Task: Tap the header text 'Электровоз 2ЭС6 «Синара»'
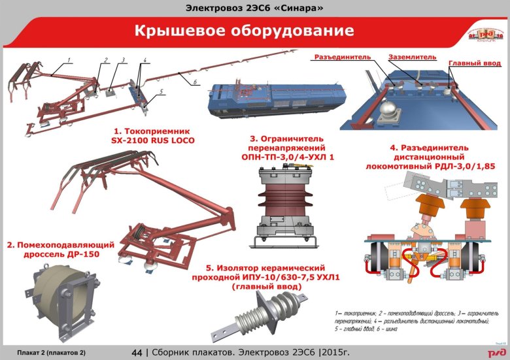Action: [254, 8]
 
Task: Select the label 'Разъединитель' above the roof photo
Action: [343, 57]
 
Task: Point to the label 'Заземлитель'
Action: [412, 57]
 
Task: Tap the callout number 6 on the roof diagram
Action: [195, 82]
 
